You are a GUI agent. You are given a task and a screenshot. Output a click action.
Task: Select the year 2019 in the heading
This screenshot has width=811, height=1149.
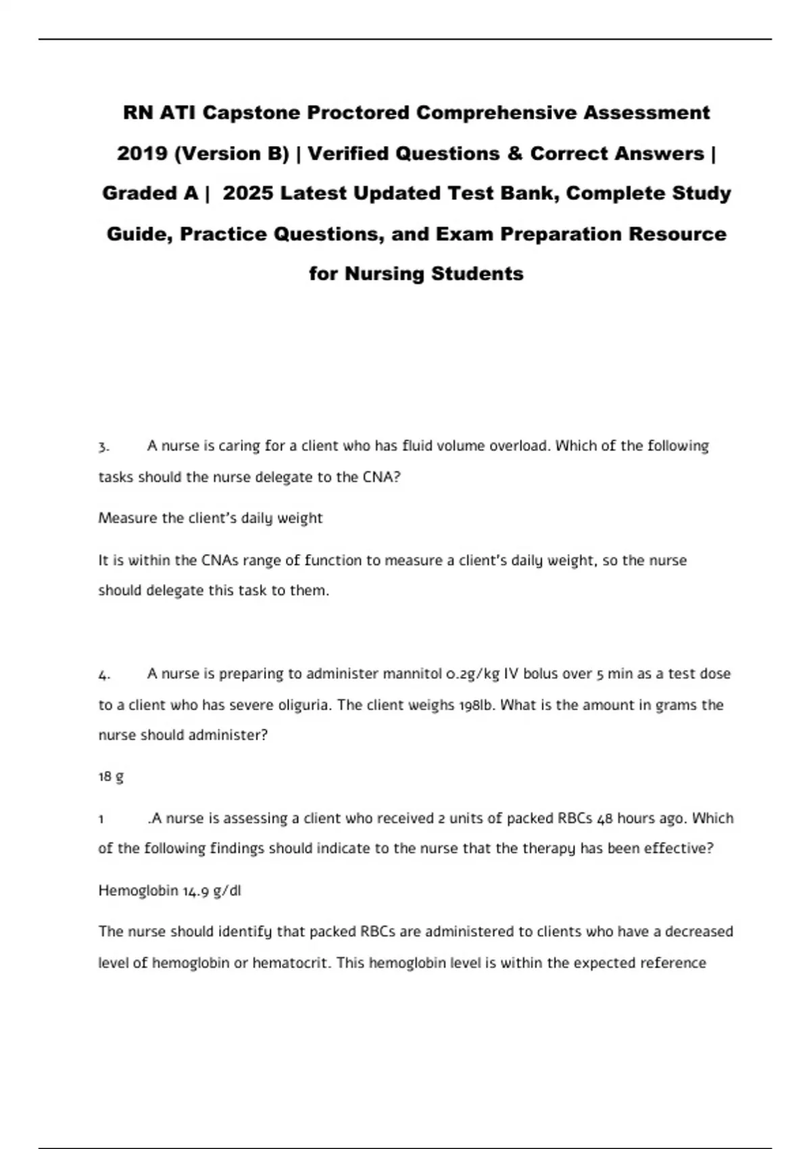tap(142, 153)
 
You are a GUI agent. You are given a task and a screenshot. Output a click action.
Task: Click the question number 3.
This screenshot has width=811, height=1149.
tap(103, 447)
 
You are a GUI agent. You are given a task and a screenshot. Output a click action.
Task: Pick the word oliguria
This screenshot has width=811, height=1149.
tap(304, 705)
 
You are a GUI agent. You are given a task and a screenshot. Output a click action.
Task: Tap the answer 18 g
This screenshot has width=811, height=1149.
tap(111, 777)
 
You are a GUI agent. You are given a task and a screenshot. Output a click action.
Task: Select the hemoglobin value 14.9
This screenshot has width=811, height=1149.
tap(196, 891)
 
